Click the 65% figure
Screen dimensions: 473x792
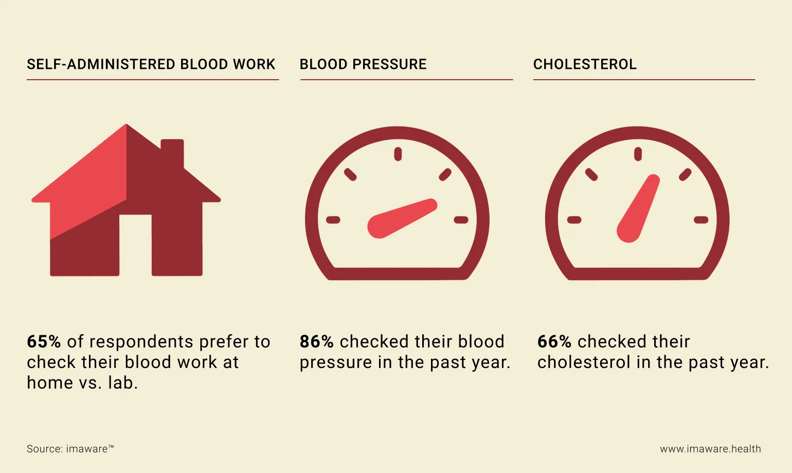tap(44, 342)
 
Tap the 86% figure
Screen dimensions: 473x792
tap(316, 342)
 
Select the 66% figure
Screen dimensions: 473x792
tap(554, 342)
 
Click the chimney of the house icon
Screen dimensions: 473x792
tap(172, 152)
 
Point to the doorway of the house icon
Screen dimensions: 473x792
tap(135, 244)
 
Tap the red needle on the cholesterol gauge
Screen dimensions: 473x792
tap(638, 208)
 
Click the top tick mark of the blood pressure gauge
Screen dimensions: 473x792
tap(398, 154)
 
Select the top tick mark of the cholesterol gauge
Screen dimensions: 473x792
tap(638, 154)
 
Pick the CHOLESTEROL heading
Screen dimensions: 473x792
tap(585, 64)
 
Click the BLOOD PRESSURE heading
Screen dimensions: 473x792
tap(363, 64)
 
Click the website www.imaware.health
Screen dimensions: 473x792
tap(710, 449)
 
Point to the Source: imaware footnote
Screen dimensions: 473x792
tap(70, 449)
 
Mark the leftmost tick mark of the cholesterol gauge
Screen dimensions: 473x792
tap(574, 220)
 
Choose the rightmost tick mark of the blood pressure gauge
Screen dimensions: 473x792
tap(461, 220)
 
